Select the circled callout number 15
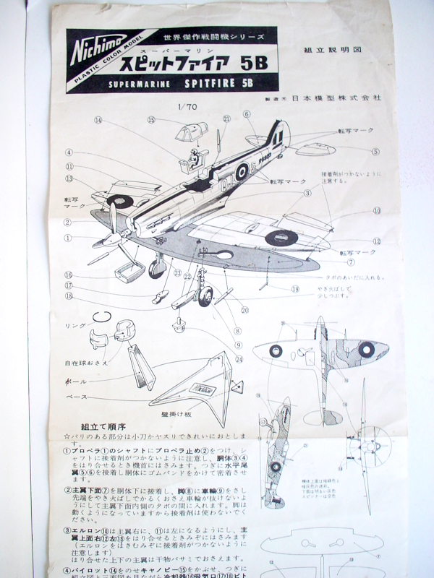pyautogui.click(x=151, y=120)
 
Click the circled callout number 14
pyautogui.click(x=97, y=120)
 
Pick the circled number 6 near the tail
pyautogui.click(x=246, y=114)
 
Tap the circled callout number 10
pyautogui.click(x=377, y=211)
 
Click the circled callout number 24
pyautogui.click(x=239, y=358)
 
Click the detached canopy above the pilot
pyautogui.click(x=192, y=132)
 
